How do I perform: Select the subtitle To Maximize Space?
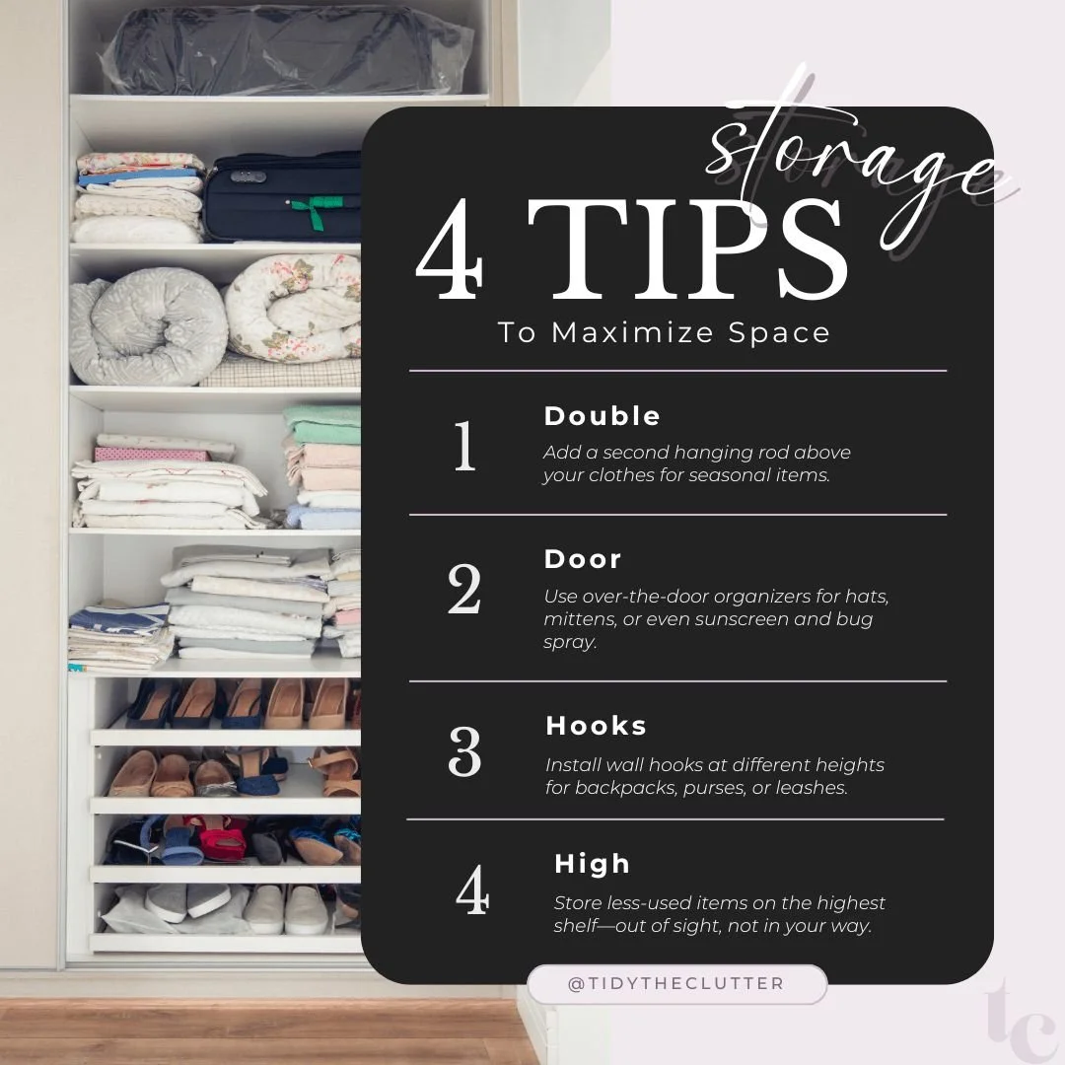pyautogui.click(x=664, y=332)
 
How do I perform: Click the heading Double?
pyautogui.click(x=602, y=416)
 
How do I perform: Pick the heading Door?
pyautogui.click(x=583, y=559)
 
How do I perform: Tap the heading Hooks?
pyautogui.click(x=596, y=726)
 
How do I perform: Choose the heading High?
pyautogui.click(x=592, y=864)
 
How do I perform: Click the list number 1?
pyautogui.click(x=464, y=447)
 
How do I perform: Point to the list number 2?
pyautogui.click(x=464, y=590)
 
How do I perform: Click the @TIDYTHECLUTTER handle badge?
pyautogui.click(x=676, y=984)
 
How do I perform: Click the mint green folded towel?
pyautogui.click(x=322, y=425)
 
